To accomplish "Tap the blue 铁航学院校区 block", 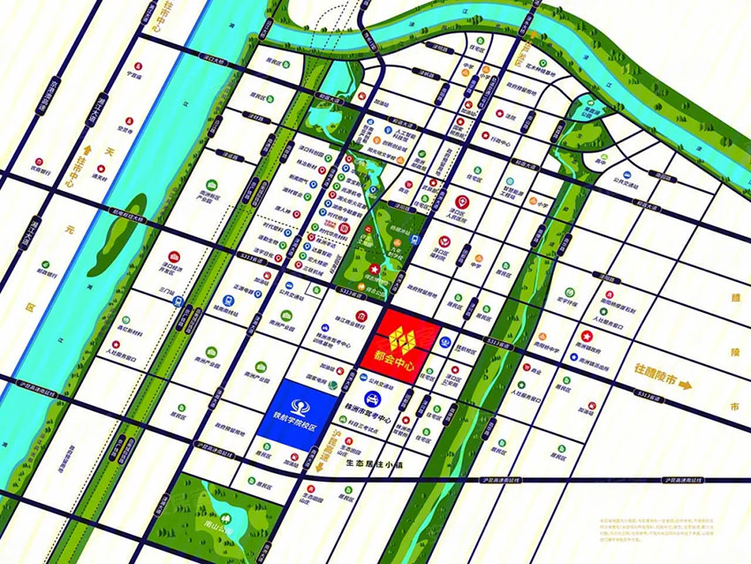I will (x=297, y=413).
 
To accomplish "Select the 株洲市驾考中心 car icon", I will (x=367, y=399).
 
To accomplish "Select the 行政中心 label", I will (x=500, y=139).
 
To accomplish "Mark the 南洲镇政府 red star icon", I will (x=586, y=337).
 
